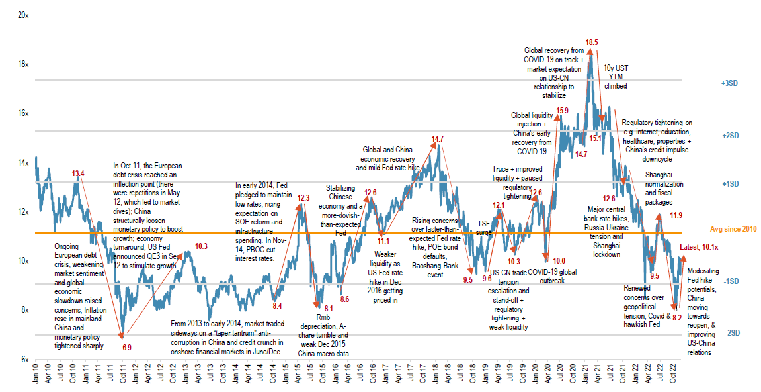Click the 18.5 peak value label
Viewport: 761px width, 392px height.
(x=592, y=42)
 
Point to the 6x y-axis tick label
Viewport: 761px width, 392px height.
(x=24, y=359)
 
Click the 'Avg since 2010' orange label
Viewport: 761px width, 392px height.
(x=733, y=229)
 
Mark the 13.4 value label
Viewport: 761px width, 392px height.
(x=78, y=174)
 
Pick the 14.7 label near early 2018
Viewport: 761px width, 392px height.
(x=438, y=139)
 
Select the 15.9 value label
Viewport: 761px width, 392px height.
(x=563, y=111)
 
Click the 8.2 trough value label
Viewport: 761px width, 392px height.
(x=676, y=318)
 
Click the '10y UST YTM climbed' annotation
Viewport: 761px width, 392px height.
(x=615, y=77)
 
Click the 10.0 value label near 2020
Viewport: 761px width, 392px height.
(x=559, y=261)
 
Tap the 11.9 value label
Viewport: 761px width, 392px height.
(x=676, y=215)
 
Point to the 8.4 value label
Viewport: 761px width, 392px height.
(x=277, y=305)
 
